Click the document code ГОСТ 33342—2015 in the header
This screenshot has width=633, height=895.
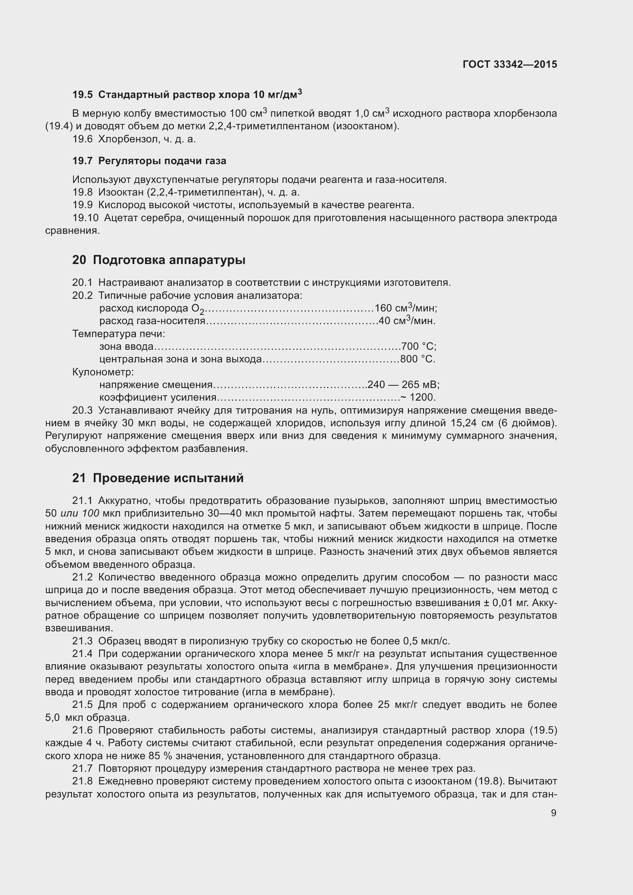pyautogui.click(x=510, y=64)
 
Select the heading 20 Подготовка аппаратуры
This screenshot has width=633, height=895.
pyautogui.click(x=159, y=260)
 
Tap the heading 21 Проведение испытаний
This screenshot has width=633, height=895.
pyautogui.click(x=158, y=478)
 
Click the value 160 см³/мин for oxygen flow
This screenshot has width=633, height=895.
pyautogui.click(x=405, y=308)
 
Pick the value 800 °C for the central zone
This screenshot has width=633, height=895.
pyautogui.click(x=418, y=359)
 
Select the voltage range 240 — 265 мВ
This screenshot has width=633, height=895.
pyautogui.click(x=403, y=385)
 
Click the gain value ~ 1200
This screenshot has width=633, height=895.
pyautogui.click(x=418, y=397)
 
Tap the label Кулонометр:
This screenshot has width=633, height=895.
pyautogui.click(x=103, y=372)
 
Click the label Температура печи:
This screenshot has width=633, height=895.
pyautogui.click(x=119, y=334)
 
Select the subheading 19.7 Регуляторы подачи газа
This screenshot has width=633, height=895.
pyautogui.click(x=149, y=161)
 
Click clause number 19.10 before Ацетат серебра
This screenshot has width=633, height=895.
pyautogui.click(x=85, y=218)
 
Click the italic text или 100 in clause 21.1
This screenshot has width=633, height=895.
pyautogui.click(x=80, y=514)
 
